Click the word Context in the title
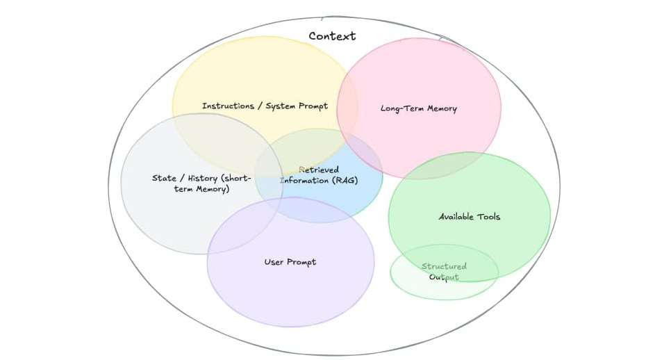[x=332, y=36]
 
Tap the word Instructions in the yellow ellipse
[x=228, y=106]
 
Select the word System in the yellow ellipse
[x=281, y=106]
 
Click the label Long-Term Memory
[x=418, y=108]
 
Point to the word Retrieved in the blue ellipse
[x=319, y=170]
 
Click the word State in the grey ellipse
[x=164, y=179]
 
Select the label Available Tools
[x=469, y=217]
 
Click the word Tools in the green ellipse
[x=488, y=217]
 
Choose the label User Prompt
[x=290, y=262]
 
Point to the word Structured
[x=444, y=267]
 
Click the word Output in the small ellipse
[x=444, y=277]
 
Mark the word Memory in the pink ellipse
[x=442, y=108]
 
